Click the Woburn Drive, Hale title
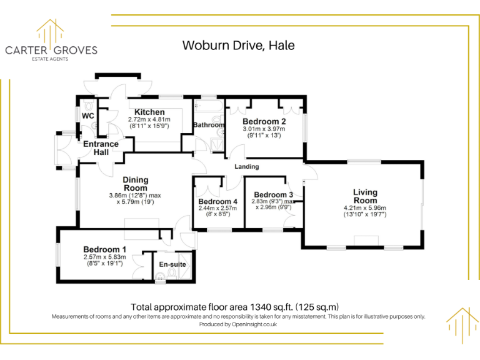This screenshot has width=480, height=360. click(x=238, y=45)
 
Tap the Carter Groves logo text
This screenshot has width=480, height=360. click(x=51, y=50)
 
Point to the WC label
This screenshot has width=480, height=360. click(x=87, y=116)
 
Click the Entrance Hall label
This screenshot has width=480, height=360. click(x=101, y=148)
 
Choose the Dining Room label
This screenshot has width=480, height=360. click(x=135, y=184)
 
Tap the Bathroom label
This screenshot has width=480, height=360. click(x=208, y=125)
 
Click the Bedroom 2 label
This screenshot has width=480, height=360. click(x=264, y=121)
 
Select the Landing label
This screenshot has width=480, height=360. click(x=247, y=167)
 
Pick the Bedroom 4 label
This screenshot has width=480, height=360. click(x=217, y=201)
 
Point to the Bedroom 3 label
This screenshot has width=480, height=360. click(x=274, y=194)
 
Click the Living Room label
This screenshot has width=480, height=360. click(x=365, y=196)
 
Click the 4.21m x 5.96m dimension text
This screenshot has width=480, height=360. click(x=365, y=208)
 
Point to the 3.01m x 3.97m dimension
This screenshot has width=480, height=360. click(x=264, y=129)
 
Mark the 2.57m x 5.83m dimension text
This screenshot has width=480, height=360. click(x=105, y=257)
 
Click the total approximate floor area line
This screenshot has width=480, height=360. click(x=234, y=307)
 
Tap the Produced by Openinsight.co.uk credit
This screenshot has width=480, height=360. click(x=238, y=324)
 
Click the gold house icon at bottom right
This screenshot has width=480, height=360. click(x=462, y=324)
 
